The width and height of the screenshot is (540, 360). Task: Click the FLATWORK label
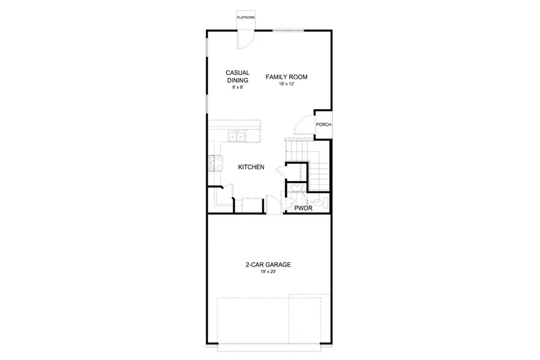point(246,19)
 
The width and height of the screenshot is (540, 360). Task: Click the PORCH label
point(324,125)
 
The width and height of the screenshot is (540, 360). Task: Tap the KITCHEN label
point(251,167)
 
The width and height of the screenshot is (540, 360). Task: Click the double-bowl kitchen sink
point(239,137)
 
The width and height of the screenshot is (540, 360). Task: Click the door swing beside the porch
point(305,125)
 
